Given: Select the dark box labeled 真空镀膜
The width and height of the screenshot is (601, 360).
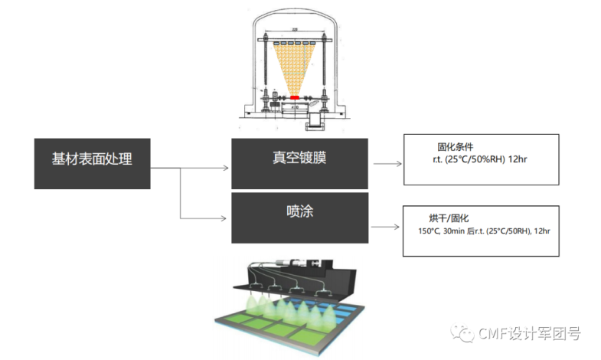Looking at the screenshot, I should pos(300,162).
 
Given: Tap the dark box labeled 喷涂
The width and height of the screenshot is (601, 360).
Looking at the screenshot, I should pos(300,216).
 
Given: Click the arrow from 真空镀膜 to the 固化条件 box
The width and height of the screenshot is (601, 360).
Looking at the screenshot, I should pos(387,163).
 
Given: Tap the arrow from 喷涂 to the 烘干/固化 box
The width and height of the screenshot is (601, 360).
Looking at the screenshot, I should pos(386,227).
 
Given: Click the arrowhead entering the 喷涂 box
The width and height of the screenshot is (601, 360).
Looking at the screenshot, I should pos(227,218).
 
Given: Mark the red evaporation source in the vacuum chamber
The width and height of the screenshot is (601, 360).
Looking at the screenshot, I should pos(295,97).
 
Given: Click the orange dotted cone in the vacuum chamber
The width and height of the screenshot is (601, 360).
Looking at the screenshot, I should pos(295,65).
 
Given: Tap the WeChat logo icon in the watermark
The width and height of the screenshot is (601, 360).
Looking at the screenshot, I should pos(464,333).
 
